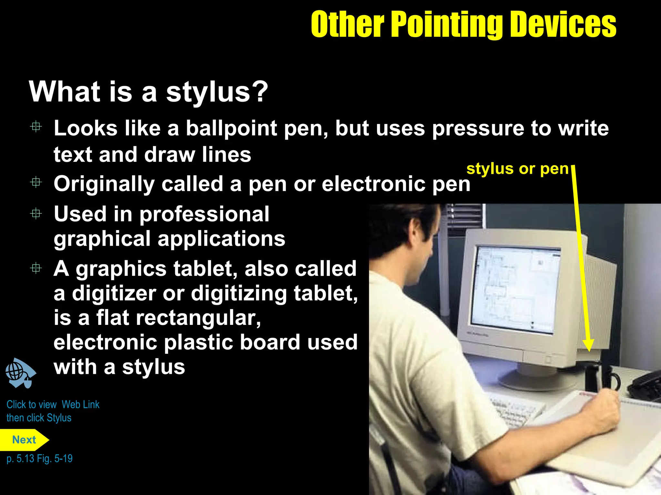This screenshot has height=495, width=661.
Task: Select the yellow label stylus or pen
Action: pos(517,169)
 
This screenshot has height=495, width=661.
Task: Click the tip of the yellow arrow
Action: pos(589,350)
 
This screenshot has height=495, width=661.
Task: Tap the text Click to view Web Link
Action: pos(53,404)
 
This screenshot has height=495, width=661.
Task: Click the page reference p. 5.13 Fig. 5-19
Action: pos(39,458)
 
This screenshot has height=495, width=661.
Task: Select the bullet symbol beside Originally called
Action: pos(36,183)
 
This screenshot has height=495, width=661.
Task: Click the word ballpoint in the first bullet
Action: pos(231,128)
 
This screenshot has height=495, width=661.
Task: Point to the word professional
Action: pos(204,214)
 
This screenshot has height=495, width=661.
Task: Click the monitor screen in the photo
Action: pos(515,288)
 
